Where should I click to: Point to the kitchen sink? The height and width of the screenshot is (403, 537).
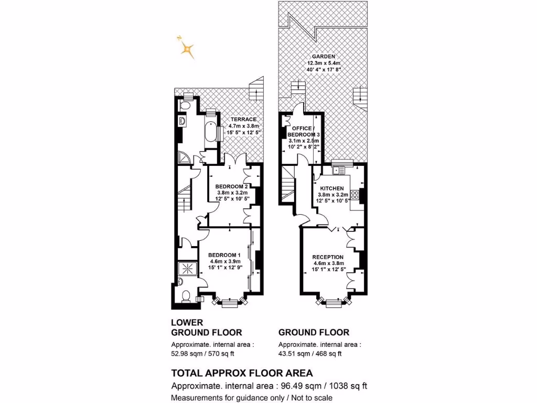(339, 170)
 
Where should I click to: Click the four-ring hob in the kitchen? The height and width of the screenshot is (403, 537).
(355, 195)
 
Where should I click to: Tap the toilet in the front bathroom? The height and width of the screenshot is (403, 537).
(184, 296)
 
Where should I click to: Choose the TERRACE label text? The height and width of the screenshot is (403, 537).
(243, 119)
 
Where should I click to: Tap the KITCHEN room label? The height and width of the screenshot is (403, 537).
(331, 188)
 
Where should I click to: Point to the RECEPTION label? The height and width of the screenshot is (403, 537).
(328, 257)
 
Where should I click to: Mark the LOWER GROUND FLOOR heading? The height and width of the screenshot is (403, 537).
(207, 327)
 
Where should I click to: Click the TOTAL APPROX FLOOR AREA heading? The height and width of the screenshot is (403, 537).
(242, 373)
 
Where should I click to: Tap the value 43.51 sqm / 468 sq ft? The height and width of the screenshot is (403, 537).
(310, 353)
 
